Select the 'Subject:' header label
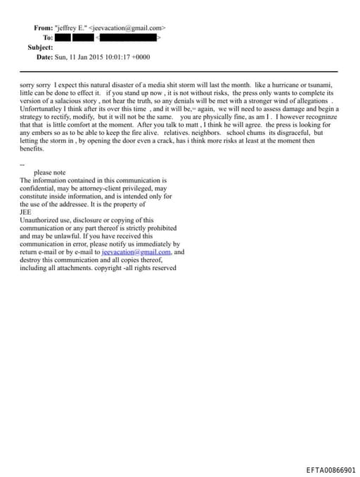[x=40, y=47]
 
